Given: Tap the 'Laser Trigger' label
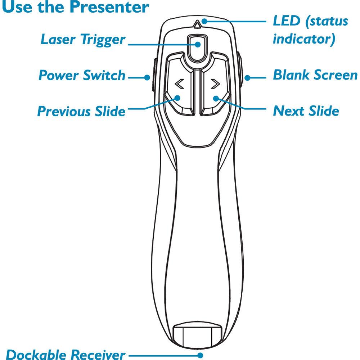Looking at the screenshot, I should coord(83,39).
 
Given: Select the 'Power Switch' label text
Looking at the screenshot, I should coord(82,76).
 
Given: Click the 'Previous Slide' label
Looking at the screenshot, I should coord(81,111).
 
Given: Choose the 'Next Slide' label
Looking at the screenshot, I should coord(306,111).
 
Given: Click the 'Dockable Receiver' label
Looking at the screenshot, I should coord(66,354).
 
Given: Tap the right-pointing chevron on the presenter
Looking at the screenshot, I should coord(215,84).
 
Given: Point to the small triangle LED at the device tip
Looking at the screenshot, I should coord(197,25).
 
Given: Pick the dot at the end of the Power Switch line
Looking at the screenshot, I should coord(147,77).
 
